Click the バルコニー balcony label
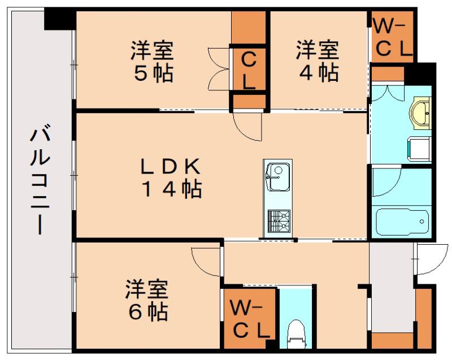pyautogui.click(x=40, y=179)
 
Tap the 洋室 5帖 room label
pyautogui.click(x=152, y=62)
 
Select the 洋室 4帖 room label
pyautogui.click(x=317, y=62)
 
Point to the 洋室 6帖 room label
pyautogui.click(x=147, y=300)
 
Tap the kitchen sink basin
pyautogui.click(x=277, y=177)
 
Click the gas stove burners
pyautogui.click(x=279, y=221)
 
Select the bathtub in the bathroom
pyautogui.click(x=402, y=222)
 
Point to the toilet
pyautogui.click(x=297, y=333)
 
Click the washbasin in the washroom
pyautogui.click(x=421, y=113)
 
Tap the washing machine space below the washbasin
pyautogui.click(x=419, y=149)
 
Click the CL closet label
pyautogui.click(x=249, y=71)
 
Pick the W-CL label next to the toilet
pyautogui.click(x=250, y=319)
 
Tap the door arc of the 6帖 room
pyautogui.click(x=205, y=262)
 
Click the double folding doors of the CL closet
pyautogui.click(x=219, y=69)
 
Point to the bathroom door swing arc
pyautogui.click(x=386, y=181)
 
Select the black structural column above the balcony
pyautogui.click(x=60, y=19)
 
